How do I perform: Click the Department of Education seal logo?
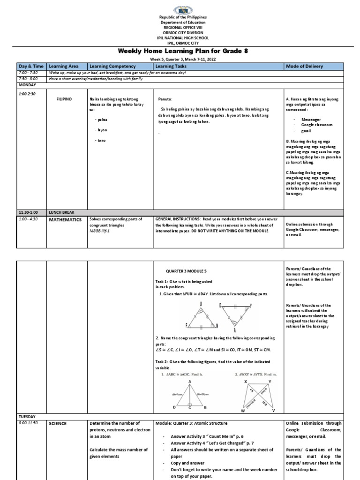tap(180, 10)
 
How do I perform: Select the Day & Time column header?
tap(30, 67)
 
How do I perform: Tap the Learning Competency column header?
tap(112, 67)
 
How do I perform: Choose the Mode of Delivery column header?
tap(304, 67)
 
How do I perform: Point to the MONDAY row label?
tap(28, 84)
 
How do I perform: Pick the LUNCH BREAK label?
tap(61, 212)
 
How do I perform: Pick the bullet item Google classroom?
tap(316, 126)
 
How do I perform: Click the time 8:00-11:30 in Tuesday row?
tap(30, 423)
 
